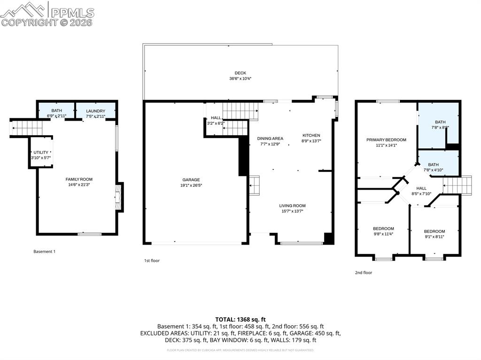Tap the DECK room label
coord(240,73)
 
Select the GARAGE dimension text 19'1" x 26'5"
coord(191,185)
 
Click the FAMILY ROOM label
coord(79,179)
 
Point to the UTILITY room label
coord(41,153)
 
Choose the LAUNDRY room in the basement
coord(96,111)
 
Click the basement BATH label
coord(56,110)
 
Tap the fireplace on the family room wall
coord(119,197)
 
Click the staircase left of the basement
coord(22,127)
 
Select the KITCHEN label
coord(311,135)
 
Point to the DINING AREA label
coord(270,138)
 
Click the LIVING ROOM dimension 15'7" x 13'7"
coord(292,211)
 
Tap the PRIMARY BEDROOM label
coord(386,140)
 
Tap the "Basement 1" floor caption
coord(44,252)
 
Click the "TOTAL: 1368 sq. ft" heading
coord(240,319)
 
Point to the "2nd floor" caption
coord(364,272)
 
